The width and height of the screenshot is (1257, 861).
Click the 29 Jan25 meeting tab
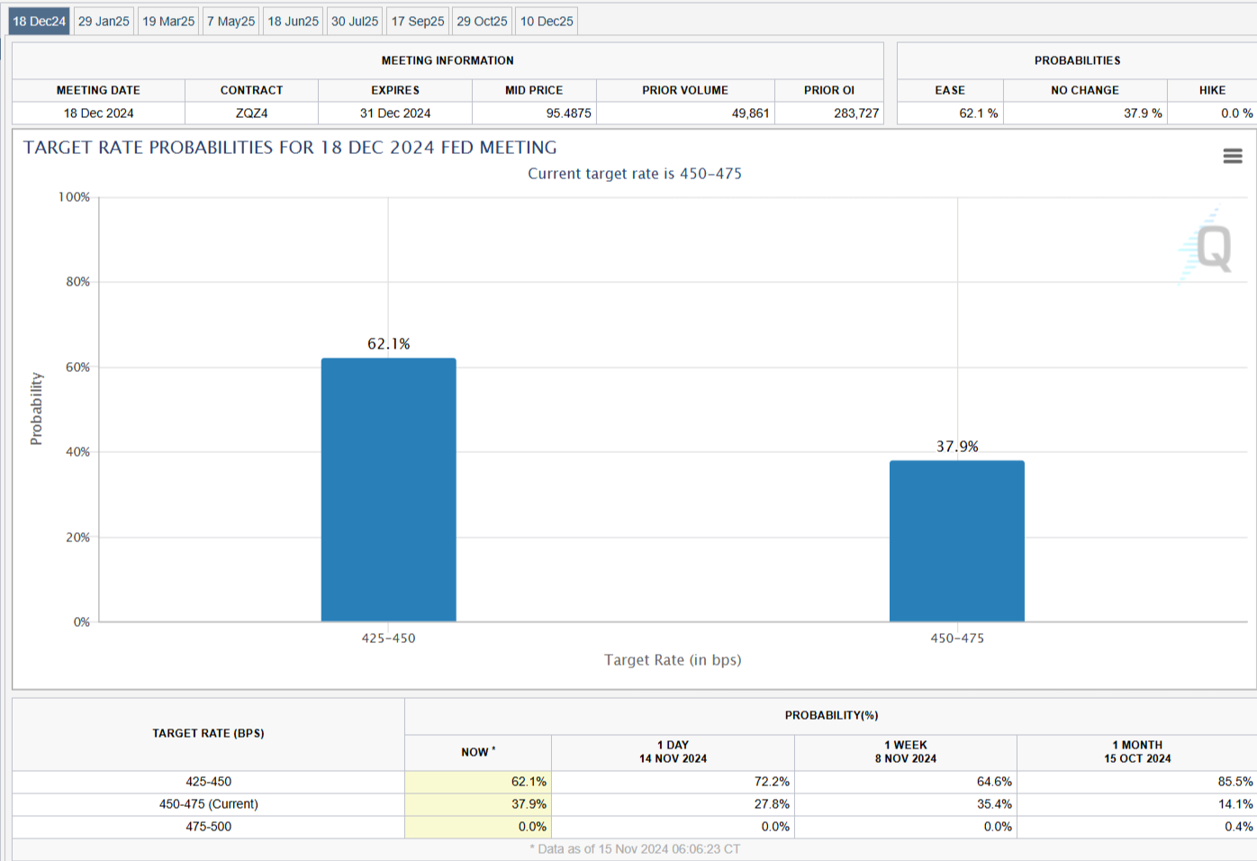point(104,21)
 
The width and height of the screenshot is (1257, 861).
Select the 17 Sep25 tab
point(417,21)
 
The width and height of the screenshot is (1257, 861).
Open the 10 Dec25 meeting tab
point(547,21)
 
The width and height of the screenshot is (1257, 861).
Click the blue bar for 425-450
point(388,490)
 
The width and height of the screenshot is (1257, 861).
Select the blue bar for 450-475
point(956,540)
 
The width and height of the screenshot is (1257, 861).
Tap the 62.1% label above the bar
point(388,344)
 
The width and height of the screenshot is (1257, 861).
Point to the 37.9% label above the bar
point(956,447)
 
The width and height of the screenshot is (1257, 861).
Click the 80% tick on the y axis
point(77,282)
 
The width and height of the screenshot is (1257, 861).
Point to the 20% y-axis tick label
point(77,538)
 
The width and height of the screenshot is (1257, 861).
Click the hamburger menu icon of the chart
point(1233,157)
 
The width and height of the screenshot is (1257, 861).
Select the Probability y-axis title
point(36,409)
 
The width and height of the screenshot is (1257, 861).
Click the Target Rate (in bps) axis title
point(673,660)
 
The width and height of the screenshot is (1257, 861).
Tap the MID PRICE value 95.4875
point(568,113)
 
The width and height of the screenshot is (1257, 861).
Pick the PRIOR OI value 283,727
point(855,113)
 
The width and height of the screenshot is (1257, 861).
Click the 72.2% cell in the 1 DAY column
point(772,782)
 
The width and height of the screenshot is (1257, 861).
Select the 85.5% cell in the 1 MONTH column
point(1234,782)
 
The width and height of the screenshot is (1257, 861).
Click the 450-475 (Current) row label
point(208,804)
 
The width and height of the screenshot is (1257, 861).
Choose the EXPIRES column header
point(395,90)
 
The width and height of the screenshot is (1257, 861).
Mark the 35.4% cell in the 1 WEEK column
point(994,804)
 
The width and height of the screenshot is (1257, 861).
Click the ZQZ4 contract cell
point(251,113)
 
